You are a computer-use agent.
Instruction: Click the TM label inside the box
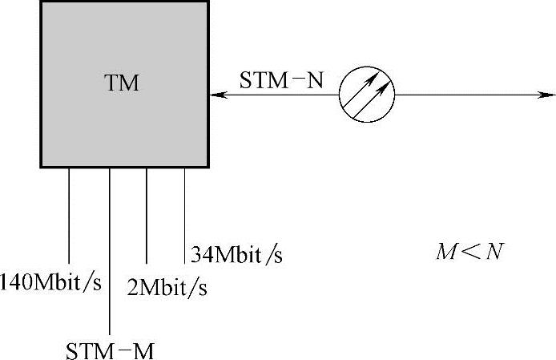(122, 83)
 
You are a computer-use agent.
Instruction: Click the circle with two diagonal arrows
(367, 95)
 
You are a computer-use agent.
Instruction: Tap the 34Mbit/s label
(236, 255)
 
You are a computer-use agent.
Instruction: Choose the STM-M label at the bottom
(109, 351)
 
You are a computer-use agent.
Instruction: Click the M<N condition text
(469, 252)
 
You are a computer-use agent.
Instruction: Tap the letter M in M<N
(445, 252)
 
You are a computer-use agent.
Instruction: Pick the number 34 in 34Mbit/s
(200, 255)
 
